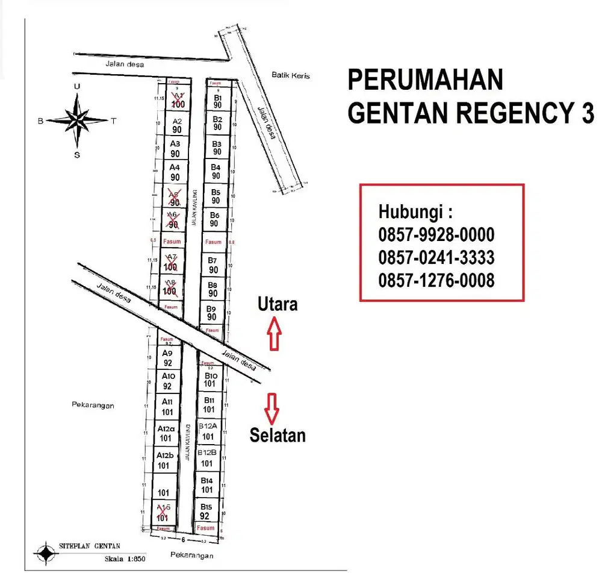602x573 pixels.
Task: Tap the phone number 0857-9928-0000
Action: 436,235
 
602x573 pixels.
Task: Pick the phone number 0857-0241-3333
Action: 436,258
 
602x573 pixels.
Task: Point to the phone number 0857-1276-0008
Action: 436,280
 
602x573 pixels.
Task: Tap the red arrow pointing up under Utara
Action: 275,334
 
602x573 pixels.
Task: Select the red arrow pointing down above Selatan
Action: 273,409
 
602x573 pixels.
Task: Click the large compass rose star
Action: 77,121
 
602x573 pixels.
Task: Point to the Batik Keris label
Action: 290,76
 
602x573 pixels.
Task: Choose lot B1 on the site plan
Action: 217,101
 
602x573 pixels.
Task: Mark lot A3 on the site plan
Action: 175,148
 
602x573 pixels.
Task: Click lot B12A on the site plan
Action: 208,432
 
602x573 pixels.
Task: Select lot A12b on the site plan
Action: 165,460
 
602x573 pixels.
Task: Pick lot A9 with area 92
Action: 167,358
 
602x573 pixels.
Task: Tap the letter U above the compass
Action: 76,86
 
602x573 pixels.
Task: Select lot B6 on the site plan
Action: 214,219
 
